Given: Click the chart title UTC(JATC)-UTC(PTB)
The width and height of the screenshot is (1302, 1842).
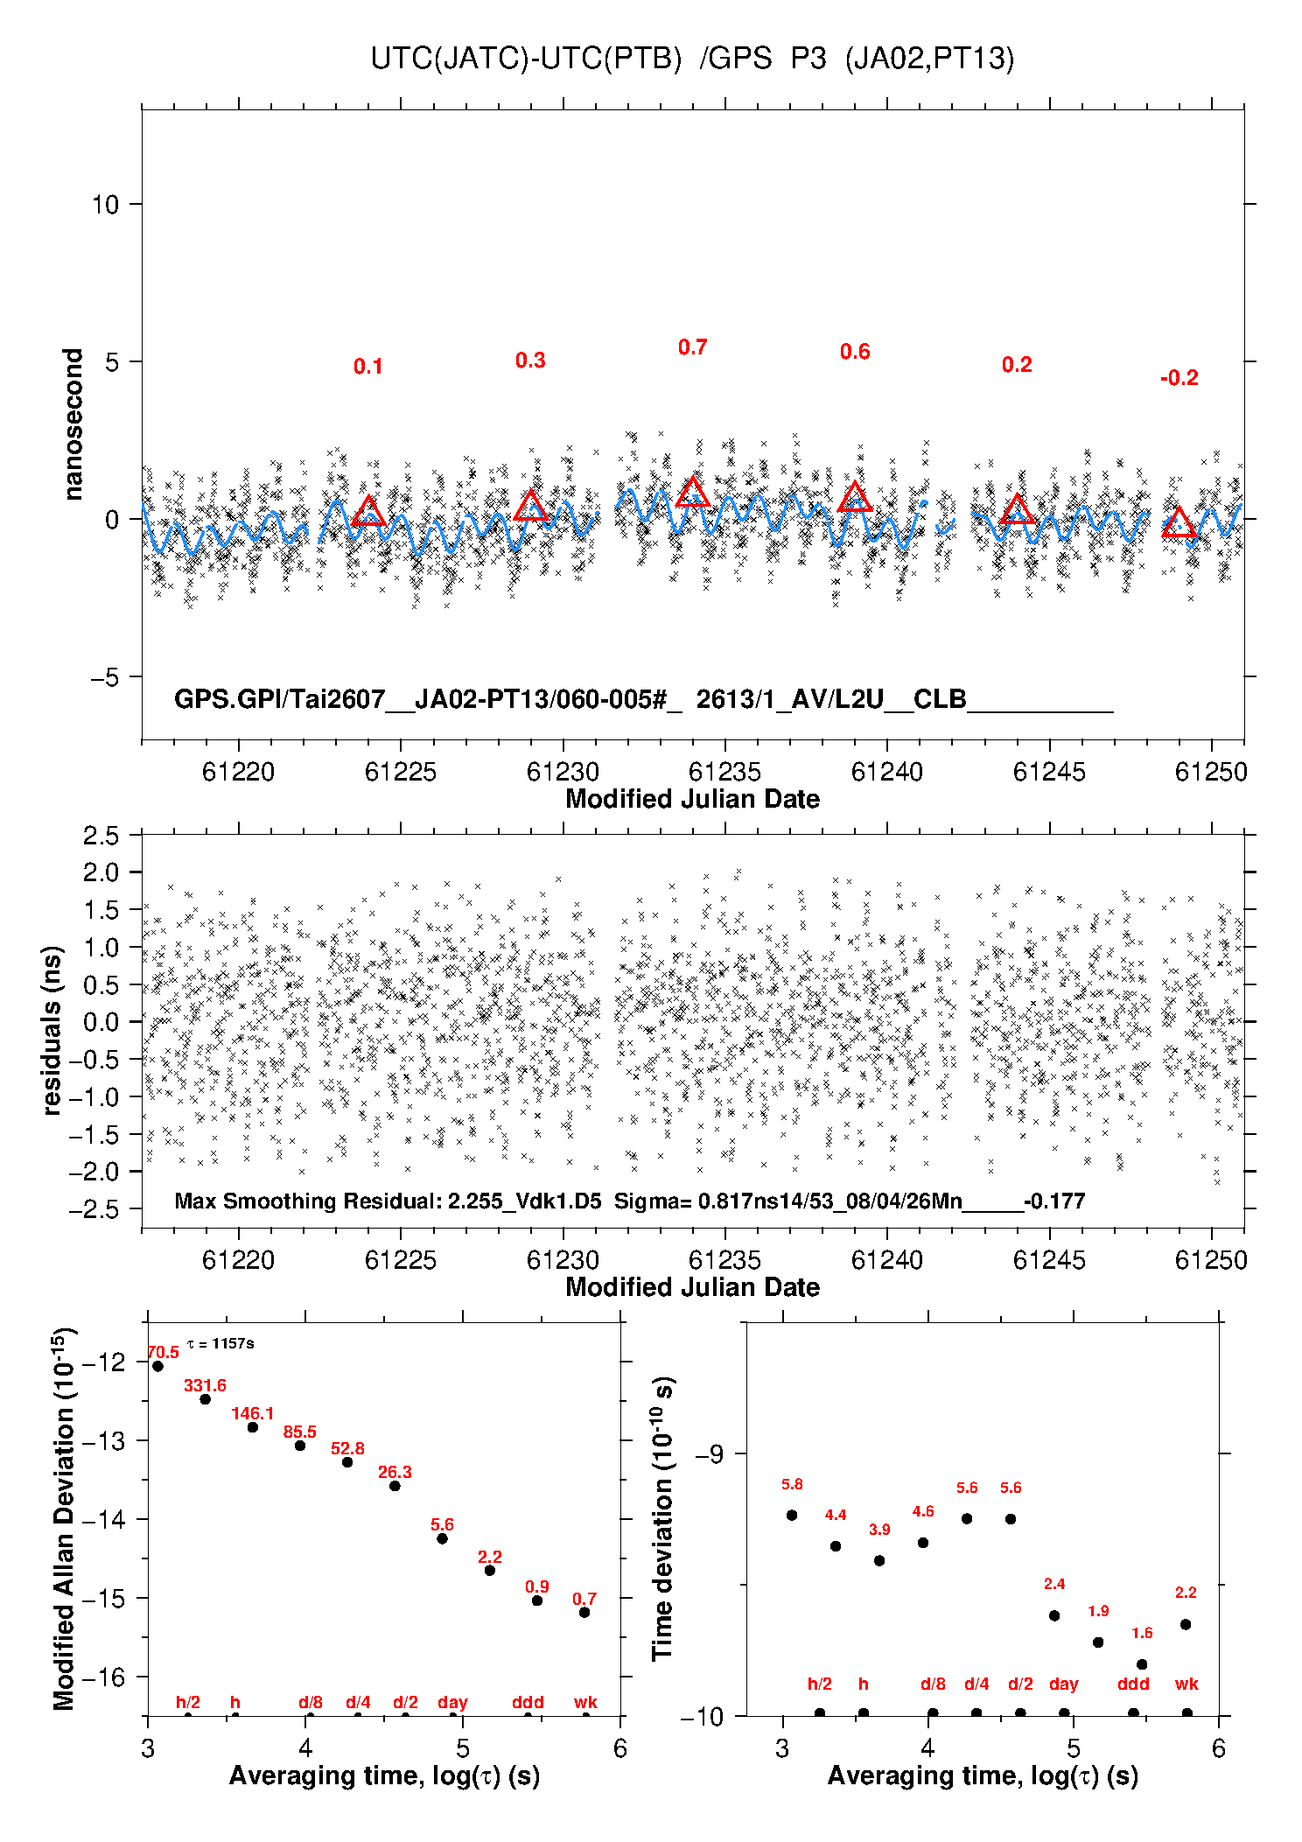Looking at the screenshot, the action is tap(526, 59).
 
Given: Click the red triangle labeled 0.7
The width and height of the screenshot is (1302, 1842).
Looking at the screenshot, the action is tap(693, 492).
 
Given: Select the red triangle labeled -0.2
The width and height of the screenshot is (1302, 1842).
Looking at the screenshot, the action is tap(1179, 522).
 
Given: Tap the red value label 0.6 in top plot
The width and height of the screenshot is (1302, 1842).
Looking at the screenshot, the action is tap(855, 352).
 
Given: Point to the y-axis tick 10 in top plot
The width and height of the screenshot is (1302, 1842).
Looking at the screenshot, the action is tap(105, 205).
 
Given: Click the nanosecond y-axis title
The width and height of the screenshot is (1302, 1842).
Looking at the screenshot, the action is tap(73, 424).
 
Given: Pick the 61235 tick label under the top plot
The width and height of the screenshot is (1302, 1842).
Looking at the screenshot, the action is tap(724, 772).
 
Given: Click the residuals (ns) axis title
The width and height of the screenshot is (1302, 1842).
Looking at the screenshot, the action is tap(52, 1030).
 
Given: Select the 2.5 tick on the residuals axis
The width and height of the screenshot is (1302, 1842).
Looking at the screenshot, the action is tap(101, 836).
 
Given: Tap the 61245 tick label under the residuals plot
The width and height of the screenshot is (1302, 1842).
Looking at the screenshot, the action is tap(1049, 1260).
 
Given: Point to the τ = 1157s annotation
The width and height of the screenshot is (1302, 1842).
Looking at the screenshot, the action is tap(220, 1343).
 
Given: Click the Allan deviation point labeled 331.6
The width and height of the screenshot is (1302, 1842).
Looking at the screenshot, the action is tap(206, 1399).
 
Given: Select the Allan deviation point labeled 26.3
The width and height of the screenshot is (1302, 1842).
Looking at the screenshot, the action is tap(395, 1486).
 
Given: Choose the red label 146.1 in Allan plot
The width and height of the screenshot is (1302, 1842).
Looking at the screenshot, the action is tap(253, 1413).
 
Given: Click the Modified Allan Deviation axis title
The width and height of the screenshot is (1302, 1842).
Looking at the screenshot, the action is tap(64, 1518).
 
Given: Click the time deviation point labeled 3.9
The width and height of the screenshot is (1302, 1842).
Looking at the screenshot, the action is tap(879, 1560).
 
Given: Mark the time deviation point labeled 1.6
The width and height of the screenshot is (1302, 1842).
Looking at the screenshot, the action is tap(1142, 1664).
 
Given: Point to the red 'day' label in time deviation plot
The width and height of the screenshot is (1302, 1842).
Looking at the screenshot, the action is tap(1064, 1684).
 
